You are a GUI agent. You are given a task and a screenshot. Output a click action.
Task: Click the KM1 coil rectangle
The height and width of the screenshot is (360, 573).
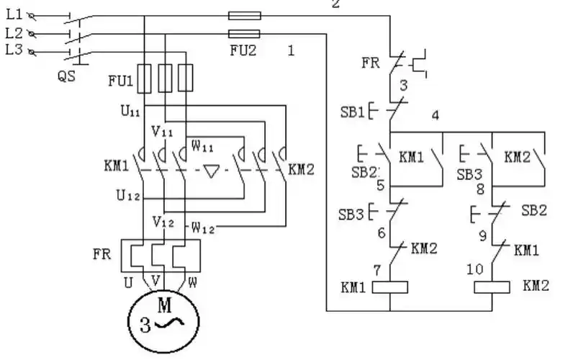[389, 287]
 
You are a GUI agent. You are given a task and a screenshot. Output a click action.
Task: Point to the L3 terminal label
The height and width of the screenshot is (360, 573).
[14, 49]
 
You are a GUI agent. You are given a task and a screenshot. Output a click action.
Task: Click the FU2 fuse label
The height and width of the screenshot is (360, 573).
[242, 51]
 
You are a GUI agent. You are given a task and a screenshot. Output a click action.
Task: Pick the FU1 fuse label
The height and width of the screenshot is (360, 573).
[119, 81]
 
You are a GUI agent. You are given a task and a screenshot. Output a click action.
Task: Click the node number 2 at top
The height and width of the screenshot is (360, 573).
[335, 5]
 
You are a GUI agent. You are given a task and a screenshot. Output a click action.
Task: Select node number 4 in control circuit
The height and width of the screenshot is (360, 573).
[435, 114]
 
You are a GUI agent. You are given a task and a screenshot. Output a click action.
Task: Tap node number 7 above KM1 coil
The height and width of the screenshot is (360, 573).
[377, 268]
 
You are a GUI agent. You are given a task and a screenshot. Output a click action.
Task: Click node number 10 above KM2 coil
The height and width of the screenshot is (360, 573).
[474, 269]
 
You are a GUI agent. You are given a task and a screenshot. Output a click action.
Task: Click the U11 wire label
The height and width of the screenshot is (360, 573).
[131, 112]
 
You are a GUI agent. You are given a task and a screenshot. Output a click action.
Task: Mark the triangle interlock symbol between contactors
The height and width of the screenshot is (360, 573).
[211, 171]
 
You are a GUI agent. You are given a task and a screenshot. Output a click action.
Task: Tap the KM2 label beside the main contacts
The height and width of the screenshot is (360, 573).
[302, 170]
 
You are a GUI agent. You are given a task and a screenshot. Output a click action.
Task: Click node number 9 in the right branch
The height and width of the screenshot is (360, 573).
[483, 234]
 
